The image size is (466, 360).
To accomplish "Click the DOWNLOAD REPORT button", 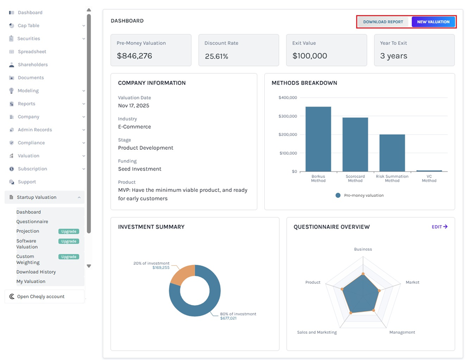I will [x=383, y=22].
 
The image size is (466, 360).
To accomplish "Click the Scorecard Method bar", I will [x=355, y=144].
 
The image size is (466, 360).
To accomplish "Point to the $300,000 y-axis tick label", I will [x=288, y=116].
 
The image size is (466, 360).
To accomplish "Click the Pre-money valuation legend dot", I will [x=338, y=195].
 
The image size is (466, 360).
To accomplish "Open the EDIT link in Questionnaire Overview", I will [x=439, y=227].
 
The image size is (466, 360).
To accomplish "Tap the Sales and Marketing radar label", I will [x=317, y=332].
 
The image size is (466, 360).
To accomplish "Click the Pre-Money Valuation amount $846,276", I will [x=134, y=56].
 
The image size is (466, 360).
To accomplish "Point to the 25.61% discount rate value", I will [x=216, y=57].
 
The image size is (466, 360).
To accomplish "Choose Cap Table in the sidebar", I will [x=28, y=26].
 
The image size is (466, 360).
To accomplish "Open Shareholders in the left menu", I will [x=33, y=64].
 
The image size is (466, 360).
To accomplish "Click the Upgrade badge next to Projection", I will [x=69, y=232].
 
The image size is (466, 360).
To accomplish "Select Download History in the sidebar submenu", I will [x=36, y=272].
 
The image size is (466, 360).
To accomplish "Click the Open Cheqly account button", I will [x=41, y=297].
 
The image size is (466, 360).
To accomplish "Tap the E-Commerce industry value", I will [x=134, y=127].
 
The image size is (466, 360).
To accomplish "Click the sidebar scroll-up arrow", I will [x=89, y=10].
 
